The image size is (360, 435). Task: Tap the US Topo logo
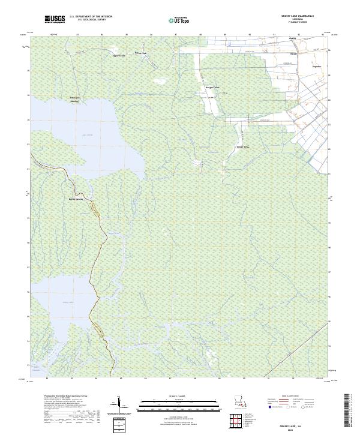click(x=180, y=20)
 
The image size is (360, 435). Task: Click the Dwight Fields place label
click(x=213, y=88)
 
